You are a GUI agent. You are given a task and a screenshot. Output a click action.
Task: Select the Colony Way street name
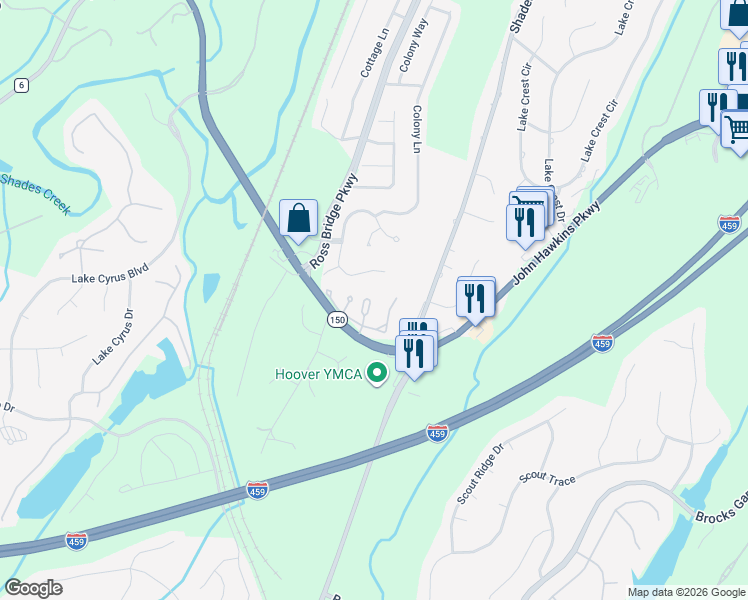click(414, 43)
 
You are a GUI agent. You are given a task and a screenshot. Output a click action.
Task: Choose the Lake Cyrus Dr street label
click(112, 336)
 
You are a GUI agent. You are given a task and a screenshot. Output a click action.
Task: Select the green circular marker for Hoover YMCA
click(377, 375)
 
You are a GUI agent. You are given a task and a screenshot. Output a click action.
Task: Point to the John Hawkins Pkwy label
click(558, 244)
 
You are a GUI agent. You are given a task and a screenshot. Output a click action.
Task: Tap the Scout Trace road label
click(547, 480)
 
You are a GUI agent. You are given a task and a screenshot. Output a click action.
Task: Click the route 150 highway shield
click(337, 318)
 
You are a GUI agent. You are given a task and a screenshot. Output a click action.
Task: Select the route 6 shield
click(21, 85)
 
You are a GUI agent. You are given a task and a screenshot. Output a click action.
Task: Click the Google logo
click(33, 588)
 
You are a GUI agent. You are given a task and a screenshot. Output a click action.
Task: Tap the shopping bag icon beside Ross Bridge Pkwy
click(298, 217)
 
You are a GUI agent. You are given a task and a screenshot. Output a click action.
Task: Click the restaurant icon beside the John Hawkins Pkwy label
click(476, 296)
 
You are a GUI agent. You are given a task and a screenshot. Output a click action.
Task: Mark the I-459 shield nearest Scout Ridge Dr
click(437, 432)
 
